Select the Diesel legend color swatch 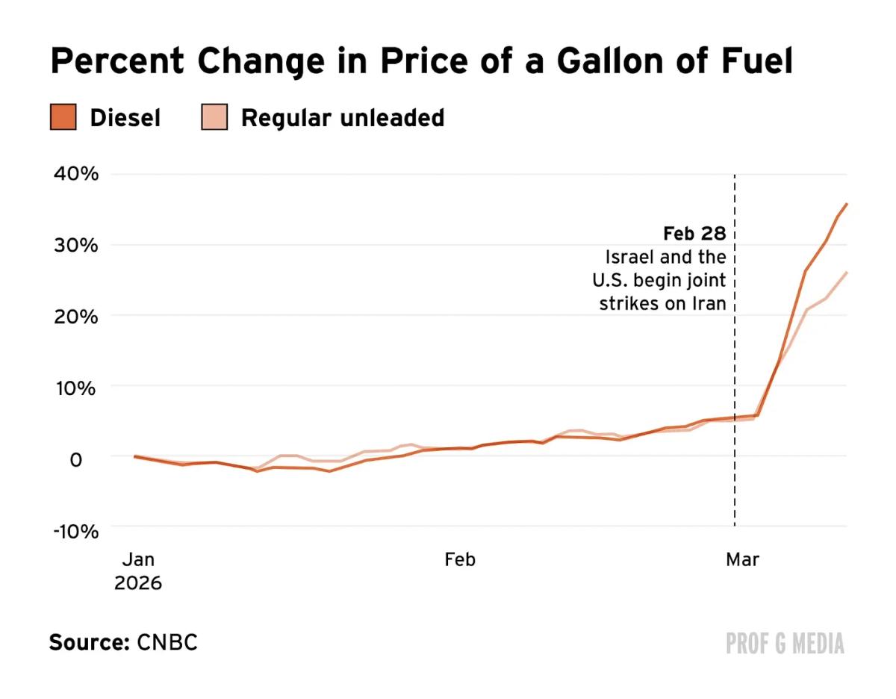63,118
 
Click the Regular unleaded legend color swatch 214,118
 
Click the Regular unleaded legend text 342,118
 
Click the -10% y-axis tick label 75,531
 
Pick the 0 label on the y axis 76,459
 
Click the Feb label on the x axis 459,559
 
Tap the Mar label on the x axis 742,559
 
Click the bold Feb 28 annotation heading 694,234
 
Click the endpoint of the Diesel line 847,203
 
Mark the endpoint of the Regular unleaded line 847,273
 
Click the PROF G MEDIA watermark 785,643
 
